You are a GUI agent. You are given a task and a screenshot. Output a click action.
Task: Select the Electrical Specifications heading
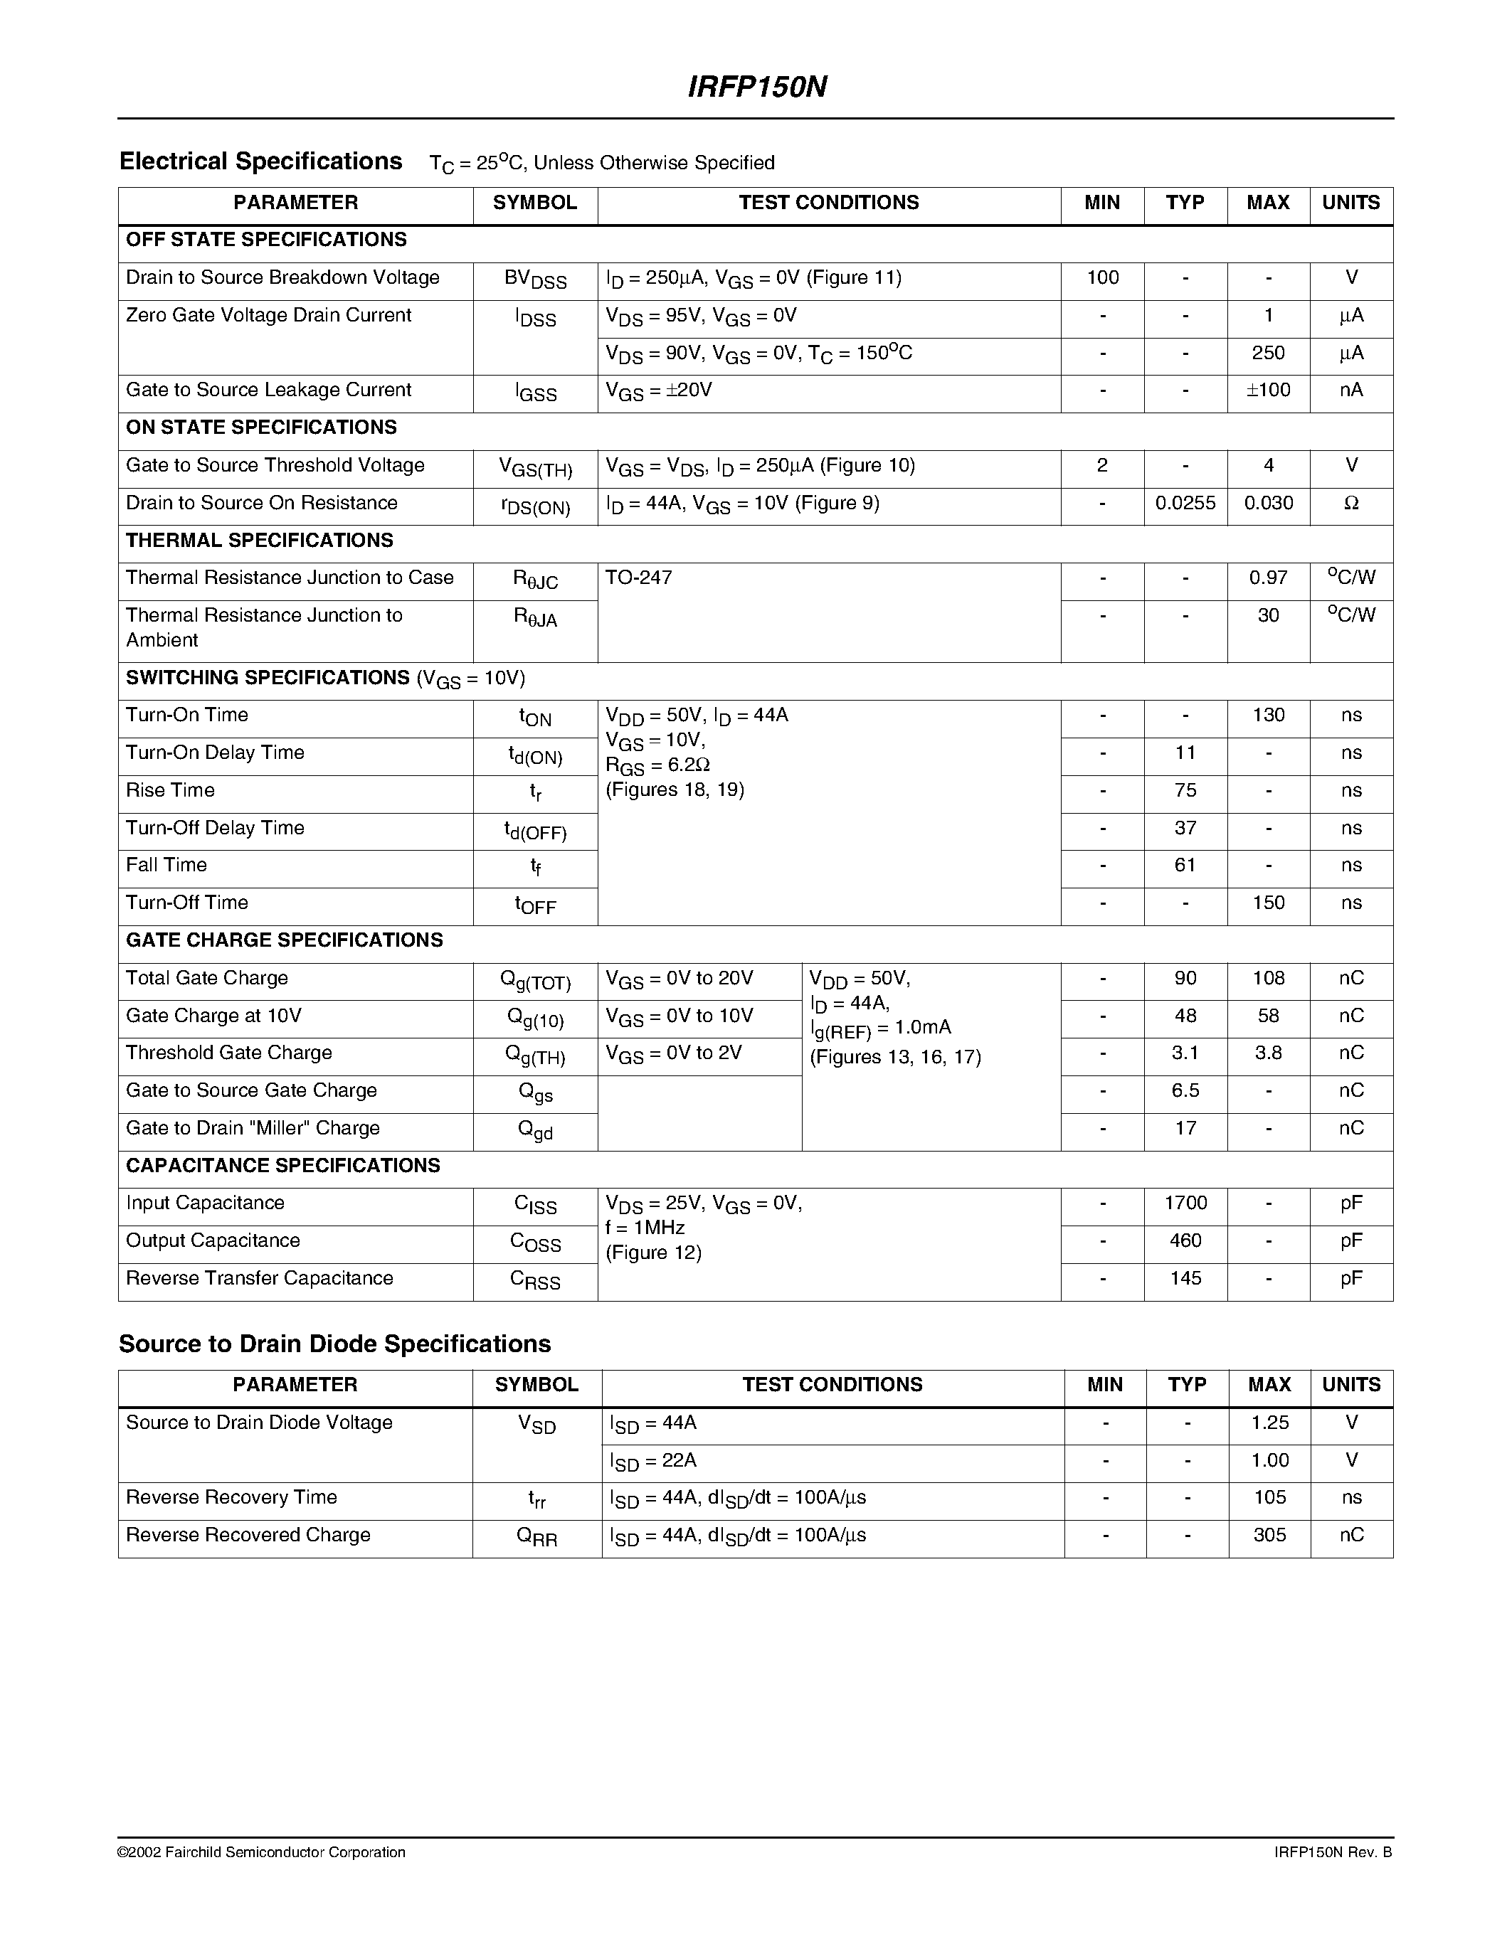(260, 161)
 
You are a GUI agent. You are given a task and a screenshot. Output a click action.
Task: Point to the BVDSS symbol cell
(535, 280)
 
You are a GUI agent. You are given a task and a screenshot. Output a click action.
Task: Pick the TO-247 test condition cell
(639, 578)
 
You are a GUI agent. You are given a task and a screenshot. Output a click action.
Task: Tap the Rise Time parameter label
(170, 790)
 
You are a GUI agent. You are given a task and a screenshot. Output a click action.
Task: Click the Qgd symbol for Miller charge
(535, 1130)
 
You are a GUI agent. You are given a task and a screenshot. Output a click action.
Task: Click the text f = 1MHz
(644, 1228)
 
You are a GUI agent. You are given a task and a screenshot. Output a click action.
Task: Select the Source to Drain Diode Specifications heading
(335, 1344)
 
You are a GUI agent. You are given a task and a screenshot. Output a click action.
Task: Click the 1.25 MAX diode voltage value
(1269, 1423)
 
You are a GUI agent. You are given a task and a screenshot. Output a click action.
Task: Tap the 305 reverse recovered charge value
(1269, 1535)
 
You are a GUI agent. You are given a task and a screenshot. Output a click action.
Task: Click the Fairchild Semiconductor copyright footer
(262, 1852)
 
